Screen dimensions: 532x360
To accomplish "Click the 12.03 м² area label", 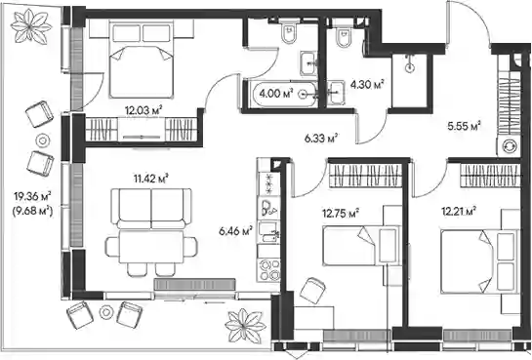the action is pyautogui.click(x=143, y=110).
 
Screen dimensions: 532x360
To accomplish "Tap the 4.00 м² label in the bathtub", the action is pyautogui.click(x=275, y=93).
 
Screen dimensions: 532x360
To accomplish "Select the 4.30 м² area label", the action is pyautogui.click(x=367, y=84).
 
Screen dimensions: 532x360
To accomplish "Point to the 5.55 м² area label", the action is pyautogui.click(x=464, y=126).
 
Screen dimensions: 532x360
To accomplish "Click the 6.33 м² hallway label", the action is pyautogui.click(x=320, y=139).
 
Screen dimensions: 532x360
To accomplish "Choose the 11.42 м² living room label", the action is pyautogui.click(x=151, y=179).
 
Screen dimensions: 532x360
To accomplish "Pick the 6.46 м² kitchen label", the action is pyautogui.click(x=235, y=231).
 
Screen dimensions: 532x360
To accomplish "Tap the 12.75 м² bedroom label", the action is pyautogui.click(x=341, y=214).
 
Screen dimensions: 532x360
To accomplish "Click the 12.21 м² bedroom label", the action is pyautogui.click(x=459, y=212).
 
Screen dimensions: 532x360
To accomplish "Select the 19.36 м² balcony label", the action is pyautogui.click(x=32, y=196).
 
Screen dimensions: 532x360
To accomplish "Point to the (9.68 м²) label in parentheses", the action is pyautogui.click(x=32, y=212).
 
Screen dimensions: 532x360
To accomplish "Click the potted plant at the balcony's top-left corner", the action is pyautogui.click(x=31, y=26).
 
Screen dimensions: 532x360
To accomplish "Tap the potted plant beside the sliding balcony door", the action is pyautogui.click(x=245, y=326).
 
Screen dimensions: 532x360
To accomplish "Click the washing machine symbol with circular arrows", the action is pyautogui.click(x=509, y=146).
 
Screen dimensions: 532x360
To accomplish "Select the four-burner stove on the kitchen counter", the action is pyautogui.click(x=268, y=270).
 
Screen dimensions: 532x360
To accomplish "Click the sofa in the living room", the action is pyautogui.click(x=151, y=208).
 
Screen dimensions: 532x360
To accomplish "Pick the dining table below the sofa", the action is pyautogui.click(x=151, y=248).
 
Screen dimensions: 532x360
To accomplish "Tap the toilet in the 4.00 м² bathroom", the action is pyautogui.click(x=289, y=31).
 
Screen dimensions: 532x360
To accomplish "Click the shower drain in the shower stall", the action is pyautogui.click(x=410, y=67).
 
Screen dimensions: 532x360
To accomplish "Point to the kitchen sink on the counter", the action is pyautogui.click(x=268, y=232).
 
